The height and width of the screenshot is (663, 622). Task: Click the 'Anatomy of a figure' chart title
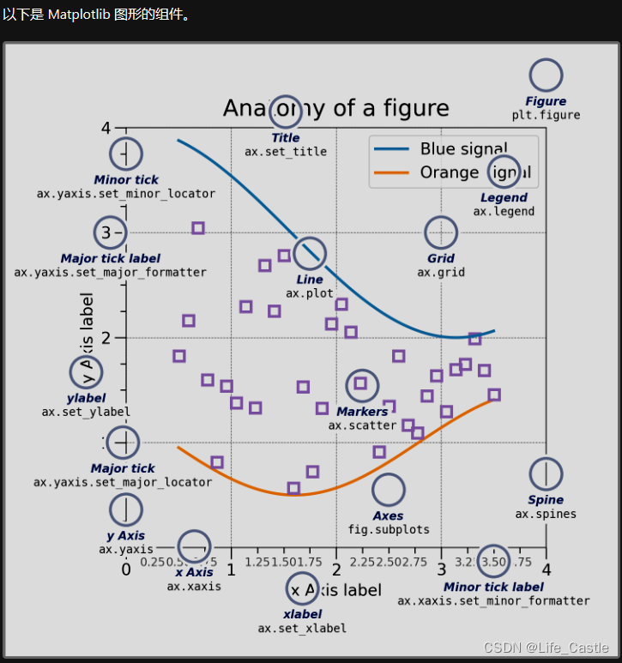[335, 108]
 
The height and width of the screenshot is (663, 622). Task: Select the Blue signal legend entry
[463, 148]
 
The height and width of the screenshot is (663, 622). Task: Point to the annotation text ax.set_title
[286, 152]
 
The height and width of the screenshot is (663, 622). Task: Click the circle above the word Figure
[546, 76]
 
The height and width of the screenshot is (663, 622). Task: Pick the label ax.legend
[504, 212]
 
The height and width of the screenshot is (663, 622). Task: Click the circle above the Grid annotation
[441, 232]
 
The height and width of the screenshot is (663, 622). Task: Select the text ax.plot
[310, 293]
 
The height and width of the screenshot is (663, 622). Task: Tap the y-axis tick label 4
[106, 128]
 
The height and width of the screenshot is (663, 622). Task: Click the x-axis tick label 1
[231, 570]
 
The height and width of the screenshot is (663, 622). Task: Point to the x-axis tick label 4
[546, 570]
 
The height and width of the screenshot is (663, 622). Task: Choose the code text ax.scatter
[362, 425]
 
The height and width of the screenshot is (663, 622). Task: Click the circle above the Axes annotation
[389, 490]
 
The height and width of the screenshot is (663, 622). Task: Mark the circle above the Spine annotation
[546, 473]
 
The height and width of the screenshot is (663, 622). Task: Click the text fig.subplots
[389, 530]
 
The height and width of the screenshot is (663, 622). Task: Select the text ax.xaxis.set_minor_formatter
[493, 601]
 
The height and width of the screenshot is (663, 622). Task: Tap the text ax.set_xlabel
[302, 629]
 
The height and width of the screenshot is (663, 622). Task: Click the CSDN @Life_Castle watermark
[547, 648]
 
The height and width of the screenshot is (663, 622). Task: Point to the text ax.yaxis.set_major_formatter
[111, 273]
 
